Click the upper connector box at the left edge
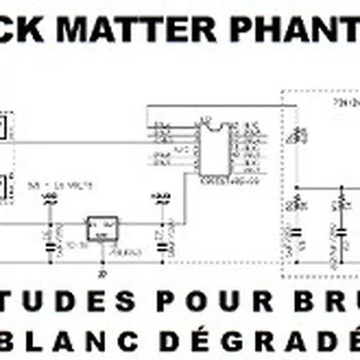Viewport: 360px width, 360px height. tap(5, 129)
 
